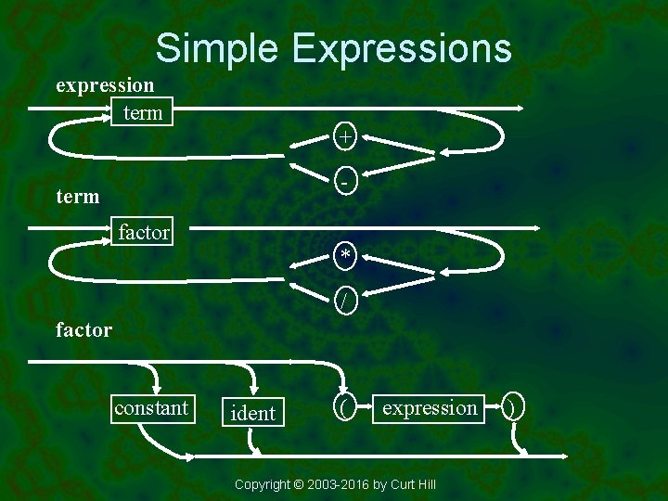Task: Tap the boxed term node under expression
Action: (x=143, y=113)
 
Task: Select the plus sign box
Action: (x=345, y=136)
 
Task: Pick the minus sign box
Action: (x=345, y=182)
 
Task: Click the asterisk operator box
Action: (x=345, y=254)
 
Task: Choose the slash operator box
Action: (x=345, y=300)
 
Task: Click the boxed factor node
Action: (x=144, y=232)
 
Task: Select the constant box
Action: (x=151, y=408)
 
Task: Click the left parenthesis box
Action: (x=344, y=408)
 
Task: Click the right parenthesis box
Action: (x=514, y=408)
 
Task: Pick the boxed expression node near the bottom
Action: (x=430, y=408)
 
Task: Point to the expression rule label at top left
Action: (x=105, y=85)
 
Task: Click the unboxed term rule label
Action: (x=78, y=197)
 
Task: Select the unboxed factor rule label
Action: (x=83, y=329)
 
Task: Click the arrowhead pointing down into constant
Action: (x=159, y=390)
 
